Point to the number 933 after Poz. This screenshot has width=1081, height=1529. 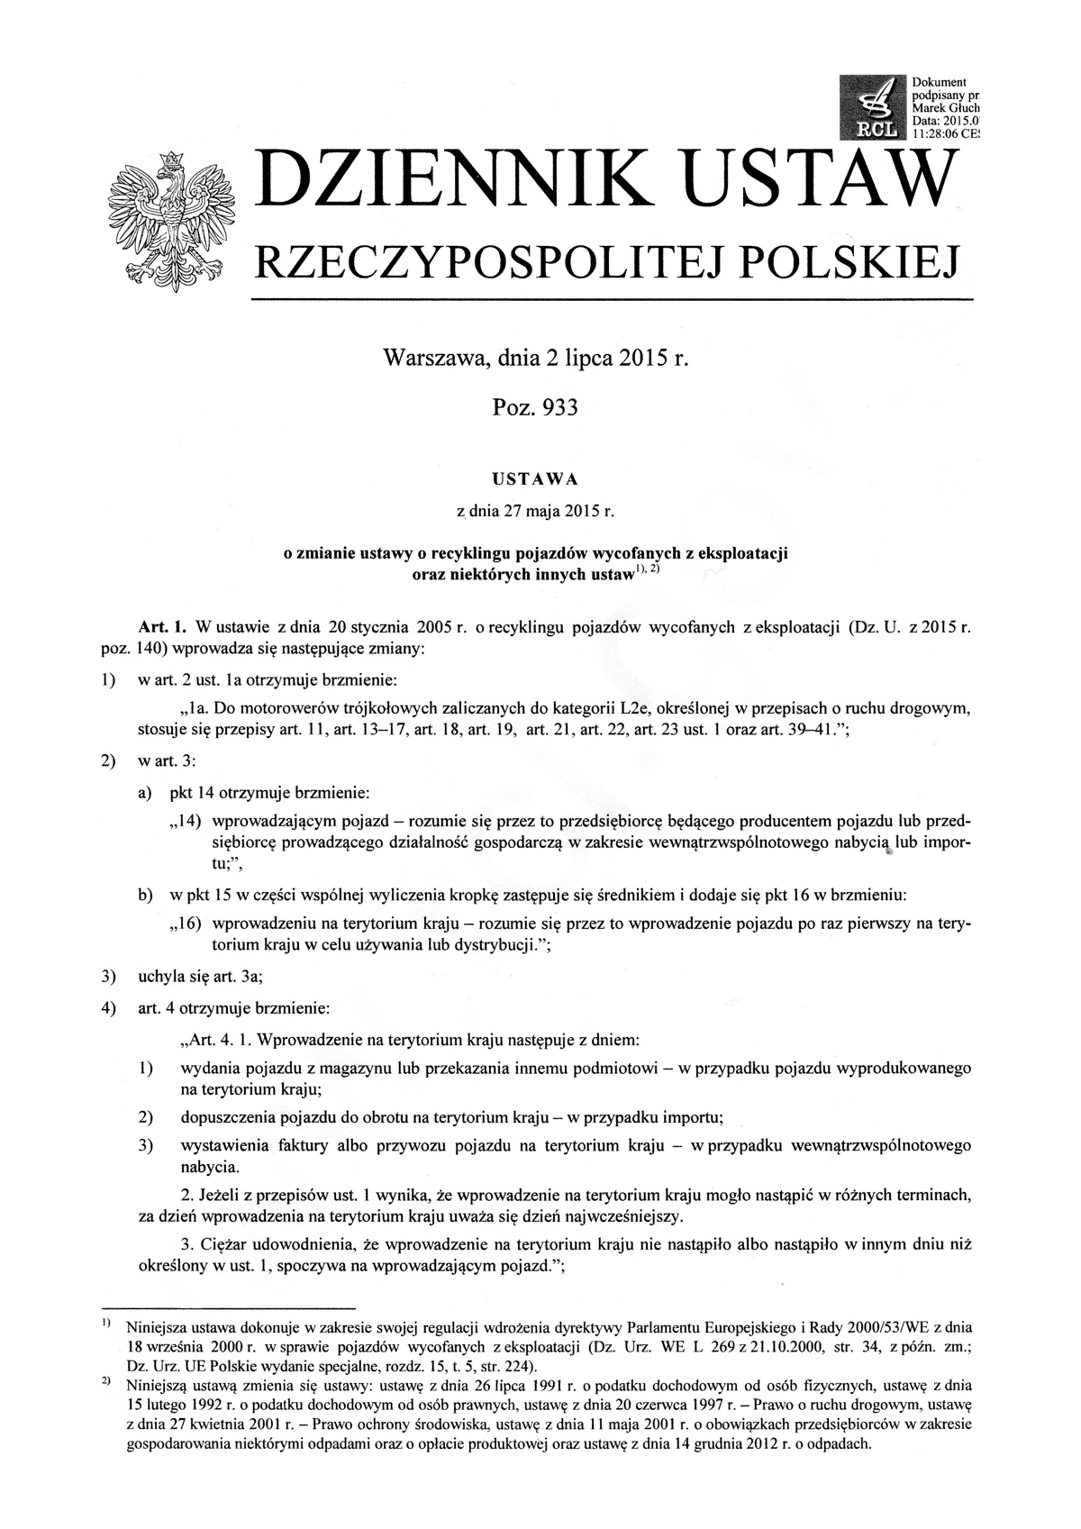555,408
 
